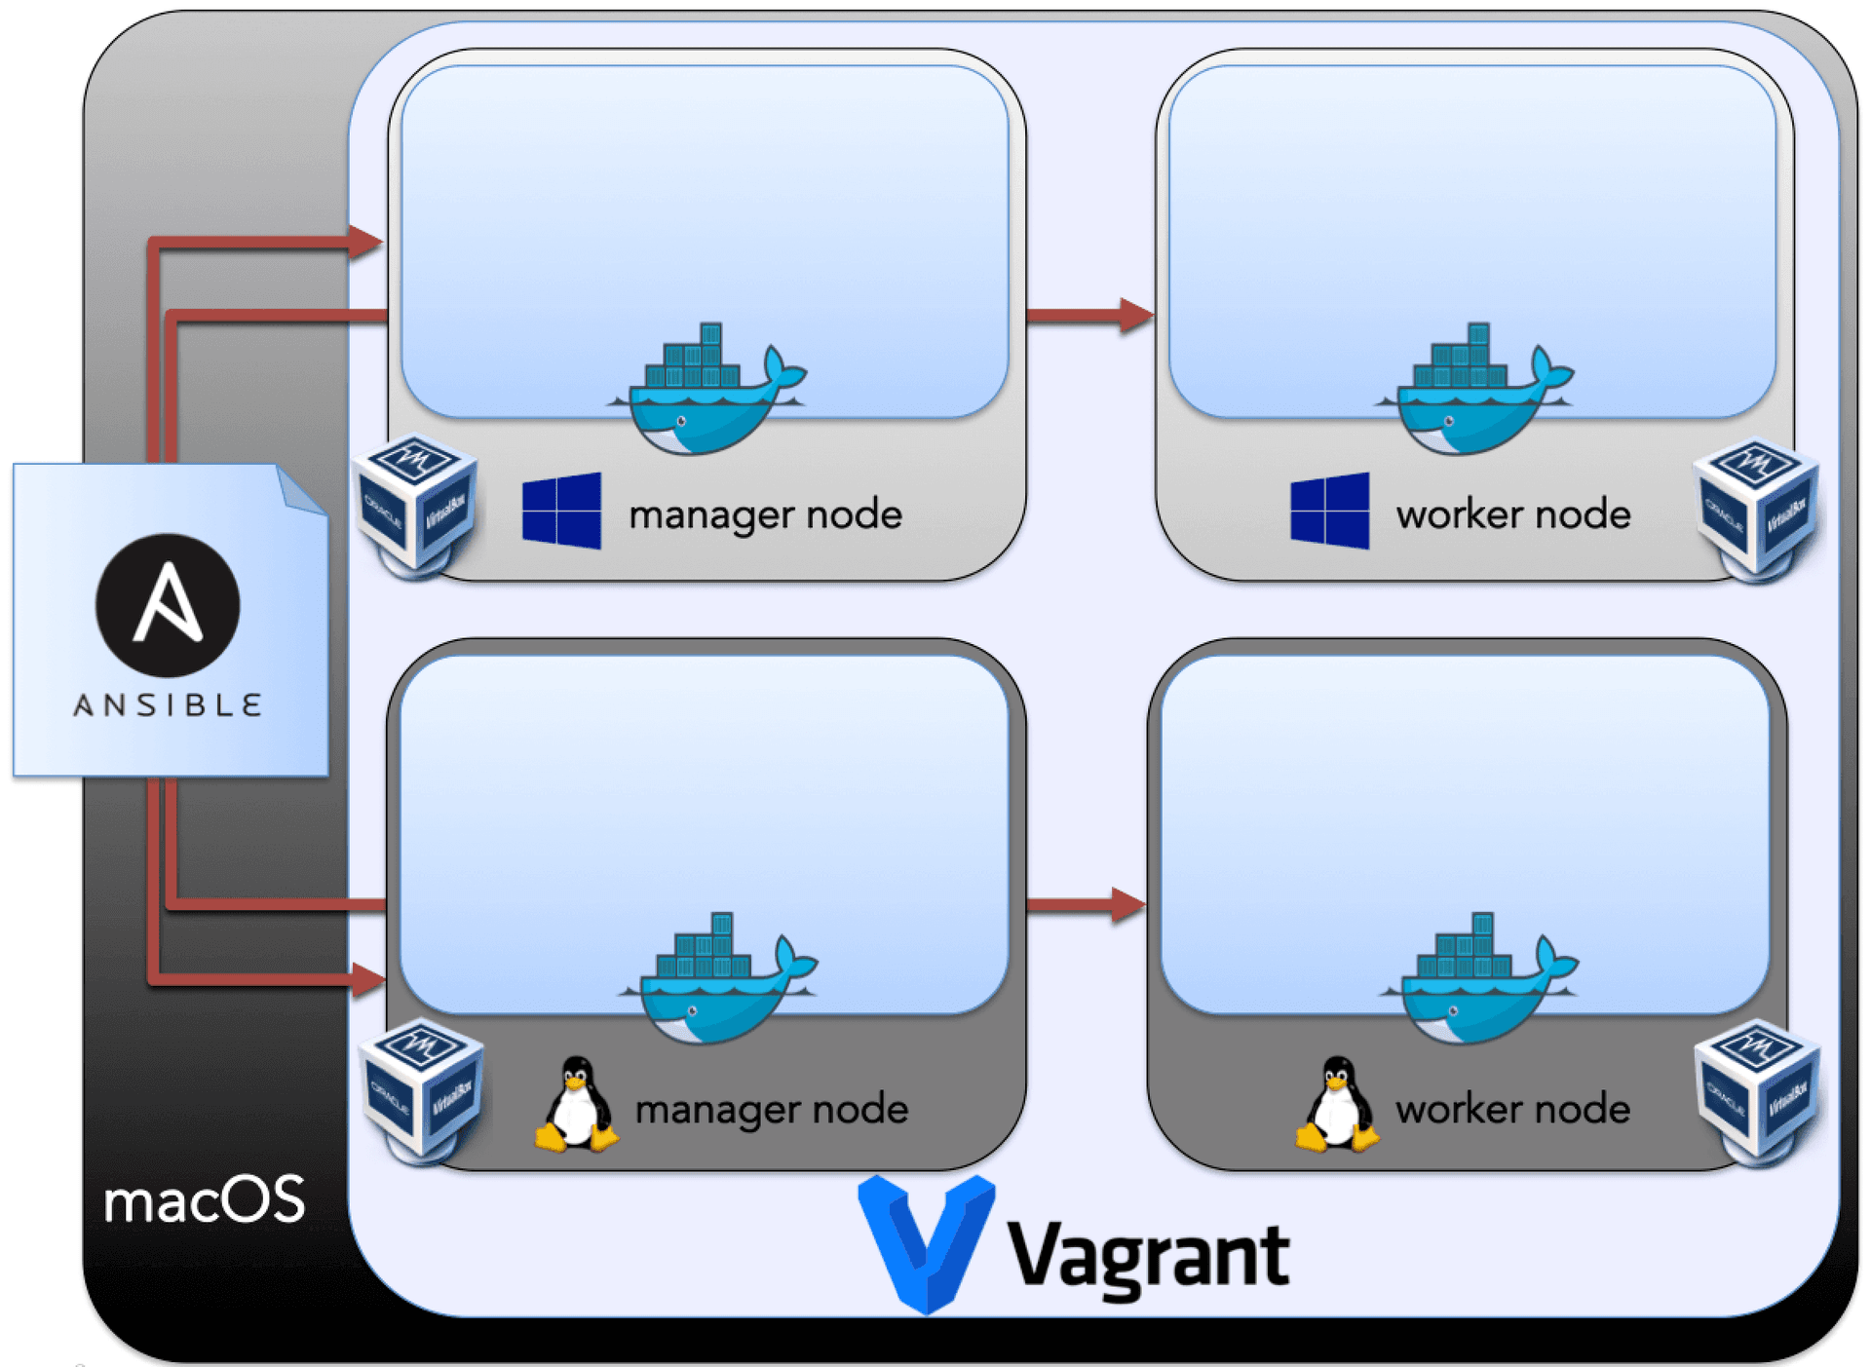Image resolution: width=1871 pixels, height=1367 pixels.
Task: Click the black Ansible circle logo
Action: [x=168, y=605]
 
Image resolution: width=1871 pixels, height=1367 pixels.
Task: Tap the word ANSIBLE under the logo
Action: [x=168, y=704]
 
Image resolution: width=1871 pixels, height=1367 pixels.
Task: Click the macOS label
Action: [x=204, y=1199]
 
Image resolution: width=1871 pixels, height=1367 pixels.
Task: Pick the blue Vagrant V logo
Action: [x=926, y=1242]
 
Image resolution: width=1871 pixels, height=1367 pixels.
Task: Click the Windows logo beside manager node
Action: [x=561, y=511]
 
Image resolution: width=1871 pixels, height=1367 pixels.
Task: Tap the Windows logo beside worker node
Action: [x=1329, y=511]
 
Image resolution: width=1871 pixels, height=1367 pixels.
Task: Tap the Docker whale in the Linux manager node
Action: [x=719, y=980]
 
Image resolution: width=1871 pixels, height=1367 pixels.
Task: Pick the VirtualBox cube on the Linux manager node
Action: [x=422, y=1086]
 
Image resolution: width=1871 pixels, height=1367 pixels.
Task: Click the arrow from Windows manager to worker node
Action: [x=1089, y=315]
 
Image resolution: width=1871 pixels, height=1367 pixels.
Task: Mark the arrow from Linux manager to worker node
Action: [x=1086, y=904]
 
